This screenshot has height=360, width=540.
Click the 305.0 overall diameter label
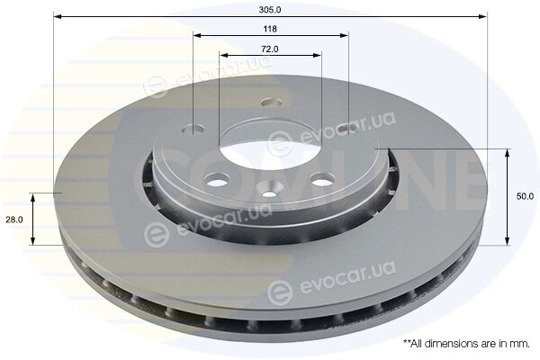(x=270, y=10)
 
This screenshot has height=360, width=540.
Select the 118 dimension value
(x=270, y=29)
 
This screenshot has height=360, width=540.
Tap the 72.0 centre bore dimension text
(x=270, y=49)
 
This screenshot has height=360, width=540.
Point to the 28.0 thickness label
(x=14, y=220)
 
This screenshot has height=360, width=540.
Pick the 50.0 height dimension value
(x=525, y=196)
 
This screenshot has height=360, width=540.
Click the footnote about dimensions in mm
(x=466, y=344)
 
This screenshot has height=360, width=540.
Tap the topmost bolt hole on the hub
(x=272, y=103)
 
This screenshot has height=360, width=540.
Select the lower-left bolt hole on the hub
(x=216, y=178)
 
